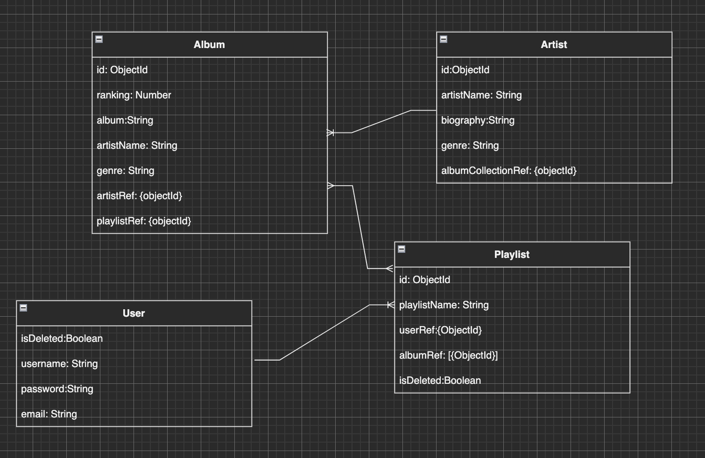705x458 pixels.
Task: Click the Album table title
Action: tap(209, 45)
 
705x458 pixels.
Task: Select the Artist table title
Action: tap(554, 45)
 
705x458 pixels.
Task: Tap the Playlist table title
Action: tap(512, 255)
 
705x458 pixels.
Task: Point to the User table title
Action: tap(134, 313)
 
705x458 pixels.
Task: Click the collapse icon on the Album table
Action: tap(99, 39)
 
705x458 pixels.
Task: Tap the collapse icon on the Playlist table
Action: tap(402, 249)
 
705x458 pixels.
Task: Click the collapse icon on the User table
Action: tap(23, 308)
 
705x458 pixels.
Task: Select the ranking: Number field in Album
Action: tap(134, 95)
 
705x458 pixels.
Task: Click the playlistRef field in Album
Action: tap(144, 221)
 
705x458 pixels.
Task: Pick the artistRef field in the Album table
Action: tap(139, 196)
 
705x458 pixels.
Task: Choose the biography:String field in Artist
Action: tap(478, 120)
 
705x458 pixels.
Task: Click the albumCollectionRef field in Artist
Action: tap(509, 171)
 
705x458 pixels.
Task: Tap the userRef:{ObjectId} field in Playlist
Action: tap(440, 330)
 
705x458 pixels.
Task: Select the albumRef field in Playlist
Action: tap(448, 355)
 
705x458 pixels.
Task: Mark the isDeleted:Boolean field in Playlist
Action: tap(440, 381)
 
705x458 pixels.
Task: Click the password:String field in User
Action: tap(57, 389)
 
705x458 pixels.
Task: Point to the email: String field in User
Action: tap(49, 414)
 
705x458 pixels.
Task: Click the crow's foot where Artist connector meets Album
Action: tap(331, 133)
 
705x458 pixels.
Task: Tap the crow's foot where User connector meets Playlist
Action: tap(390, 305)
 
